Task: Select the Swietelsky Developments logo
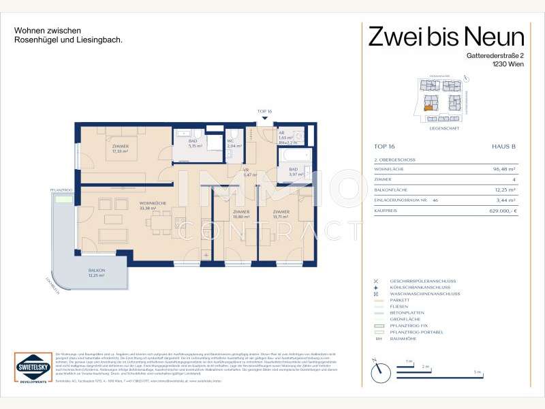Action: pos(31,370)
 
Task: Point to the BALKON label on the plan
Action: pos(95,271)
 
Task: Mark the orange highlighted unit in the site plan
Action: pos(427,106)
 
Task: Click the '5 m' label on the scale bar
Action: pos(478,372)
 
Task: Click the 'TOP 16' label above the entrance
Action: pos(264,110)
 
